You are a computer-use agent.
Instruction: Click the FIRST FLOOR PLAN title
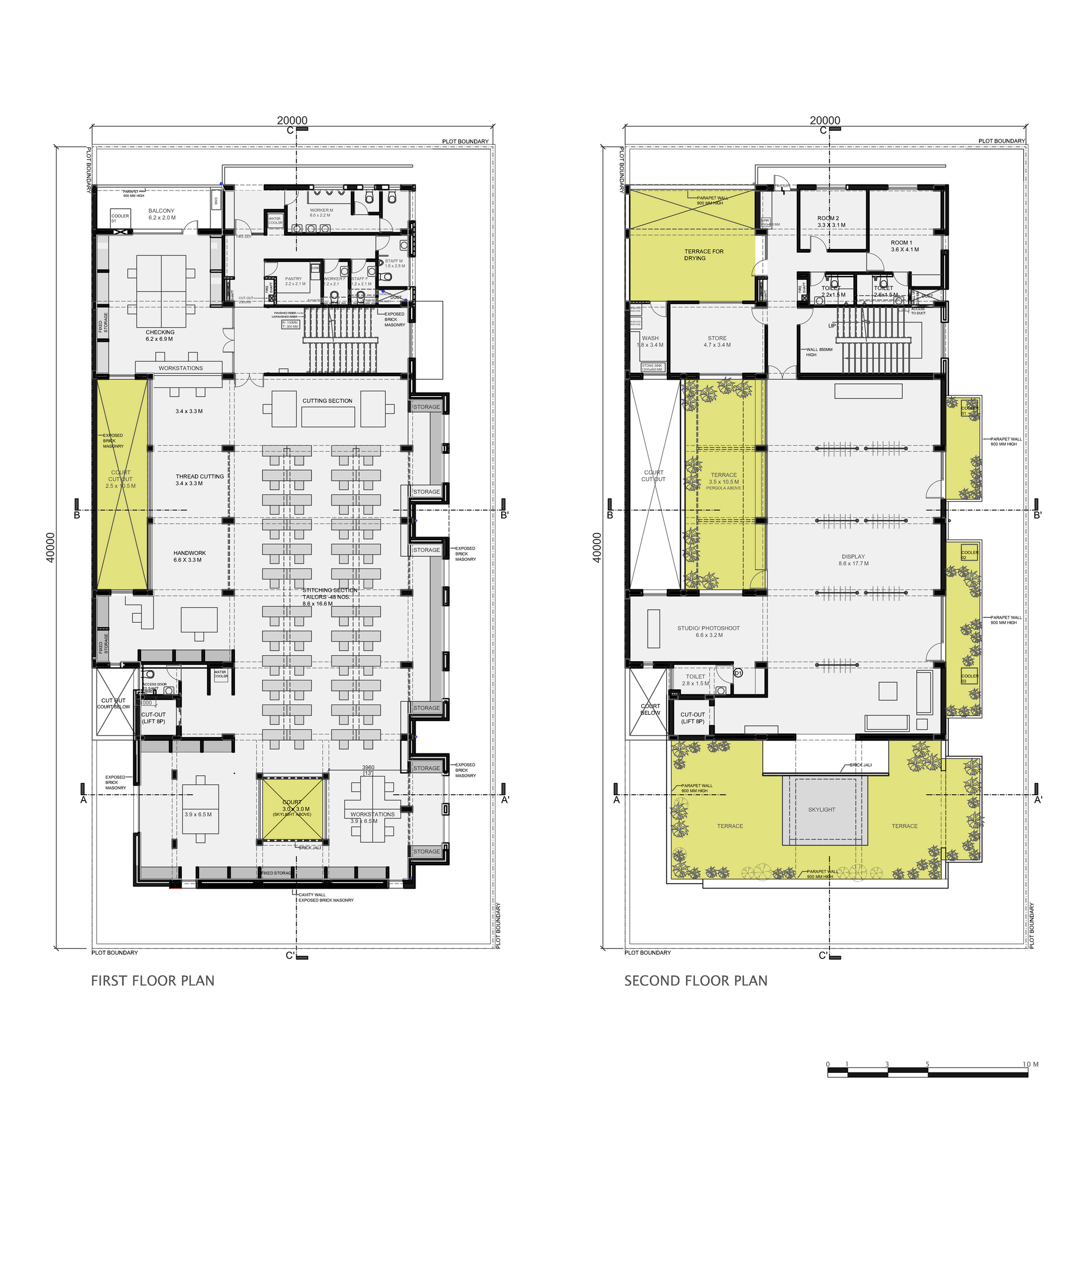pos(152,980)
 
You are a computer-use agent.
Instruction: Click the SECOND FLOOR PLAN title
pos(695,980)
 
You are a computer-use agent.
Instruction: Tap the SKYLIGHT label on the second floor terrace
pos(821,809)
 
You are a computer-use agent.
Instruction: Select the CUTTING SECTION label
pos(327,400)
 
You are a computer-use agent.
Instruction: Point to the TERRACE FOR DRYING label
pos(703,254)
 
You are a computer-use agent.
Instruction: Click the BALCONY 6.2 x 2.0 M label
pos(161,213)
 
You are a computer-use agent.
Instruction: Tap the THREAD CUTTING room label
pos(199,479)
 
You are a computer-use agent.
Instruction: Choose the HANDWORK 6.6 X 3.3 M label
pos(189,556)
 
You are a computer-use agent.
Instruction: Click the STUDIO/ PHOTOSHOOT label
pos(709,631)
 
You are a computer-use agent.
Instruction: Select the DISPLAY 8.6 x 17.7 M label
pos(853,560)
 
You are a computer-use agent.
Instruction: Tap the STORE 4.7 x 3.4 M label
pos(717,341)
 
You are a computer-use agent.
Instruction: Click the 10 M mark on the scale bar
pos(1030,1064)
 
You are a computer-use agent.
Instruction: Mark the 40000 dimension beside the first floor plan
pos(50,547)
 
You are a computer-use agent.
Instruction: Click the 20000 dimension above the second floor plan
pos(825,120)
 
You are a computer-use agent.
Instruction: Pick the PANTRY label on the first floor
pos(294,280)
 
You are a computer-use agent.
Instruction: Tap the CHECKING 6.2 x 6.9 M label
pos(159,335)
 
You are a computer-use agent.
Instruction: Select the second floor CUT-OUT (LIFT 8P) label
pos(693,718)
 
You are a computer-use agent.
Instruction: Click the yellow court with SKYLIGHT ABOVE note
pos(292,808)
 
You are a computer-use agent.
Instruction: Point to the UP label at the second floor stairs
pos(832,326)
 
